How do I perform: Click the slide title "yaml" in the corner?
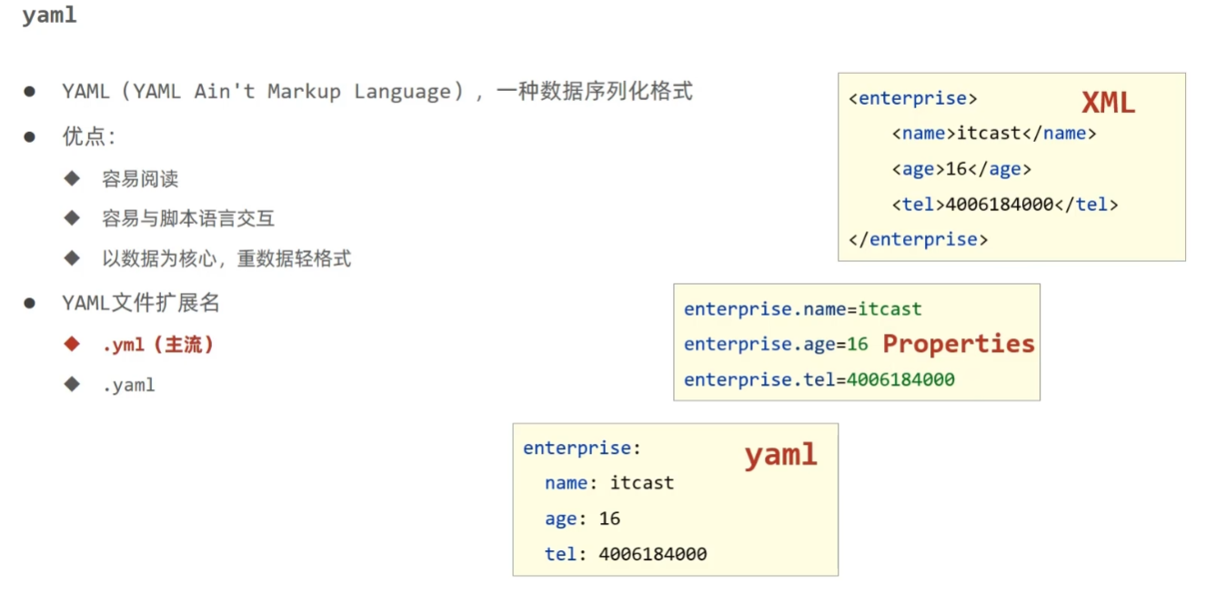[49, 16]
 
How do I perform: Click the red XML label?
[1108, 103]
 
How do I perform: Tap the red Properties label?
[959, 344]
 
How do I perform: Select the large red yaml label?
[780, 455]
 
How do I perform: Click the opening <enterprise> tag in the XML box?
[912, 98]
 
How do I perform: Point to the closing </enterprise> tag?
[918, 239]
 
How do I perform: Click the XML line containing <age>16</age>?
[961, 169]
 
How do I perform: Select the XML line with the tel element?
[1005, 205]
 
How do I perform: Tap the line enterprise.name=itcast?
[802, 309]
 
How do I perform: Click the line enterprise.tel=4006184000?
[819, 379]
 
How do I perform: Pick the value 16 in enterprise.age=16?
[858, 345]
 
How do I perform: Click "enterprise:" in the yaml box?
[582, 448]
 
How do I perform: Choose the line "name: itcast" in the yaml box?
[609, 483]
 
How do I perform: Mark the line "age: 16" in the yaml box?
[582, 518]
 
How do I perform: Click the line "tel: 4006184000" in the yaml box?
[626, 554]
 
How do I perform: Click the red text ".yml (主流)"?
[158, 345]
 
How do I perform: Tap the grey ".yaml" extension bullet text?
[128, 385]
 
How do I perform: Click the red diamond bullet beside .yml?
[73, 344]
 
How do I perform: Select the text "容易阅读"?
[140, 179]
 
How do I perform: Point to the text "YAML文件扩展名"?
[141, 303]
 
